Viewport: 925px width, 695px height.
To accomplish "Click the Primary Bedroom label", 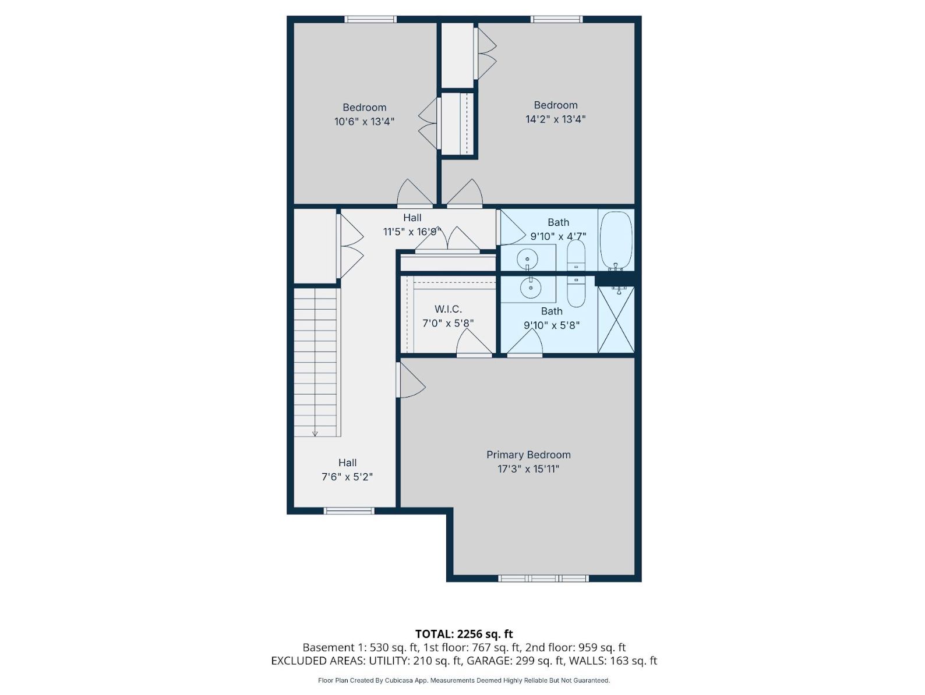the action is tap(528, 455).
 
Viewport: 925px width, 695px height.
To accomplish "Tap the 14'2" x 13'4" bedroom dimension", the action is tap(556, 119).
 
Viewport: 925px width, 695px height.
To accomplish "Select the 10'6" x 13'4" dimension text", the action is tap(364, 122).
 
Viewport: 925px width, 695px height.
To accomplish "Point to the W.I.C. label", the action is tap(448, 309).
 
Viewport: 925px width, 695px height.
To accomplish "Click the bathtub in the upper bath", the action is tap(616, 241).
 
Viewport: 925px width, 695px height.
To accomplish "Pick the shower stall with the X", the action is tap(616, 320).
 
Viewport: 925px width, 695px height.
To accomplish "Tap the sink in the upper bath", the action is tap(527, 257).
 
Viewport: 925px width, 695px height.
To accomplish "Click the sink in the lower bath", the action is tap(530, 288).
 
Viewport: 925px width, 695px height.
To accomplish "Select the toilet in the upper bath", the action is tap(576, 256).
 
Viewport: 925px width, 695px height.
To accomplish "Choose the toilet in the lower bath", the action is tap(576, 291).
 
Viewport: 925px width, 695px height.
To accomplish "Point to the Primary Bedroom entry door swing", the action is tap(411, 380).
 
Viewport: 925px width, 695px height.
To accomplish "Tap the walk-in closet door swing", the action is tap(474, 342).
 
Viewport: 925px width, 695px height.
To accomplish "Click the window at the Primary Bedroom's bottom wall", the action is tap(543, 579).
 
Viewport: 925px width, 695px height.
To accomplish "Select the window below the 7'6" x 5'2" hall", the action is tap(349, 511).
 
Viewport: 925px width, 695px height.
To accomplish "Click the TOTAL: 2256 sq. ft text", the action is tap(464, 634).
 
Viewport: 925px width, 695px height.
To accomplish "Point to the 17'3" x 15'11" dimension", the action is tap(528, 469).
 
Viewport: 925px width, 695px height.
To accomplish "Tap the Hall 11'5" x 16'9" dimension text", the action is tap(412, 232).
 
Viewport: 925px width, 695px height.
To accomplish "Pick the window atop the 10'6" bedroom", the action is tap(370, 19).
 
